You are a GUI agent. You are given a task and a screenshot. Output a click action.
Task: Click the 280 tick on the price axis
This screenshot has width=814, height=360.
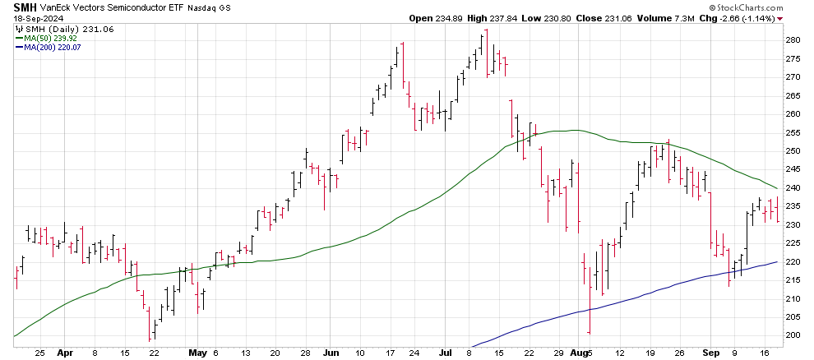[x=792, y=40]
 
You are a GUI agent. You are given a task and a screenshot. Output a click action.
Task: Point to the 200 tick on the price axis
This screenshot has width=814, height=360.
[x=792, y=335]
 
